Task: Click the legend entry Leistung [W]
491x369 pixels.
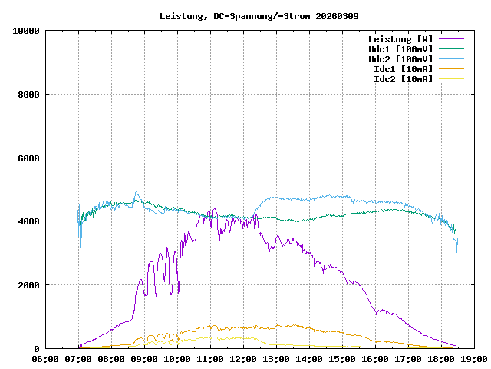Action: point(400,39)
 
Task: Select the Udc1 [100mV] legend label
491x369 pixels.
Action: point(400,49)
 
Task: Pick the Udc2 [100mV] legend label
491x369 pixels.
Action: point(400,59)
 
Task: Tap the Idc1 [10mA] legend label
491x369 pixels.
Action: point(403,69)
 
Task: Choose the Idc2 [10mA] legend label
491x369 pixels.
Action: point(403,79)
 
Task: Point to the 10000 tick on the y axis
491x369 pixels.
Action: point(26,31)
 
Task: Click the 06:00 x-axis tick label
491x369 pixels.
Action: point(45,358)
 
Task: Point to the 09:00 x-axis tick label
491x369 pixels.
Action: point(144,358)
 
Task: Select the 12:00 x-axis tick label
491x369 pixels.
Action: point(243,358)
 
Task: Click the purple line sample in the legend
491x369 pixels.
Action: point(451,39)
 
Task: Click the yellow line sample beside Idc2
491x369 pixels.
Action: point(451,79)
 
